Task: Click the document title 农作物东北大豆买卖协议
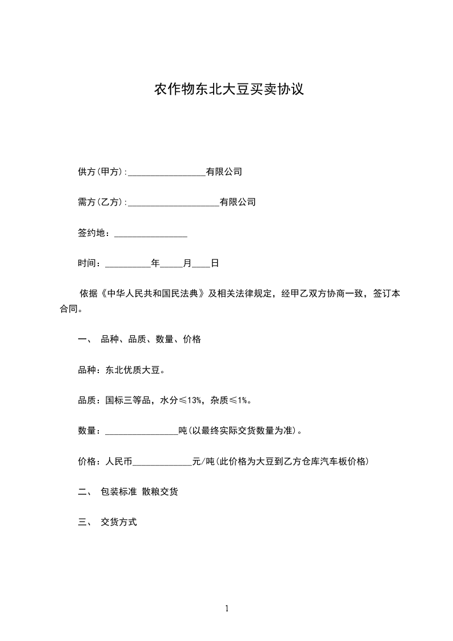pos(228,90)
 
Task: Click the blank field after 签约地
pos(151,234)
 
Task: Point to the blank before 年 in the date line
pos(128,264)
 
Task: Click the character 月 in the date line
pos(187,263)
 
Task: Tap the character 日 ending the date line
pos(215,263)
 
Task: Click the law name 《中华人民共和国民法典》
pos(153,294)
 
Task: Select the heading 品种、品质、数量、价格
pos(151,339)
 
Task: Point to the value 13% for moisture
pos(193,400)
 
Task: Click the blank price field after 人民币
pos(162,462)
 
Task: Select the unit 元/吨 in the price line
pos(203,462)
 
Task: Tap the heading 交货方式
pos(119,522)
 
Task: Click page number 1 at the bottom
pos(227,609)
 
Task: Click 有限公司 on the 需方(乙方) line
pos(238,202)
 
